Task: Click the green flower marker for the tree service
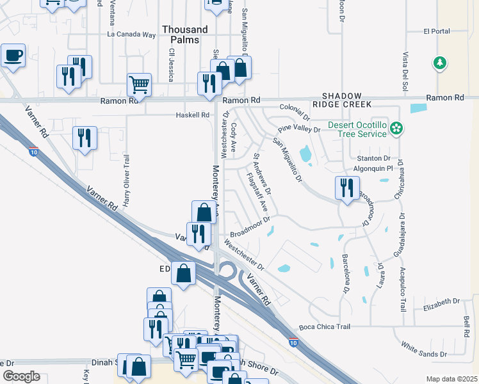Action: coord(397,129)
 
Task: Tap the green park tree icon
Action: coord(439,63)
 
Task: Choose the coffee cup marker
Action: coord(13,55)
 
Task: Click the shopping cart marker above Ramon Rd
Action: coord(139,84)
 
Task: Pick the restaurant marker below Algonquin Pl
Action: coord(346,188)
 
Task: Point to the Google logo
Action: coord(21,376)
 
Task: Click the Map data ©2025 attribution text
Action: coord(451,379)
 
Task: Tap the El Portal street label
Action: coord(437,31)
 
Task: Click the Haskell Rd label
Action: coord(193,115)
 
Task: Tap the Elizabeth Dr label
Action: coord(442,300)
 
